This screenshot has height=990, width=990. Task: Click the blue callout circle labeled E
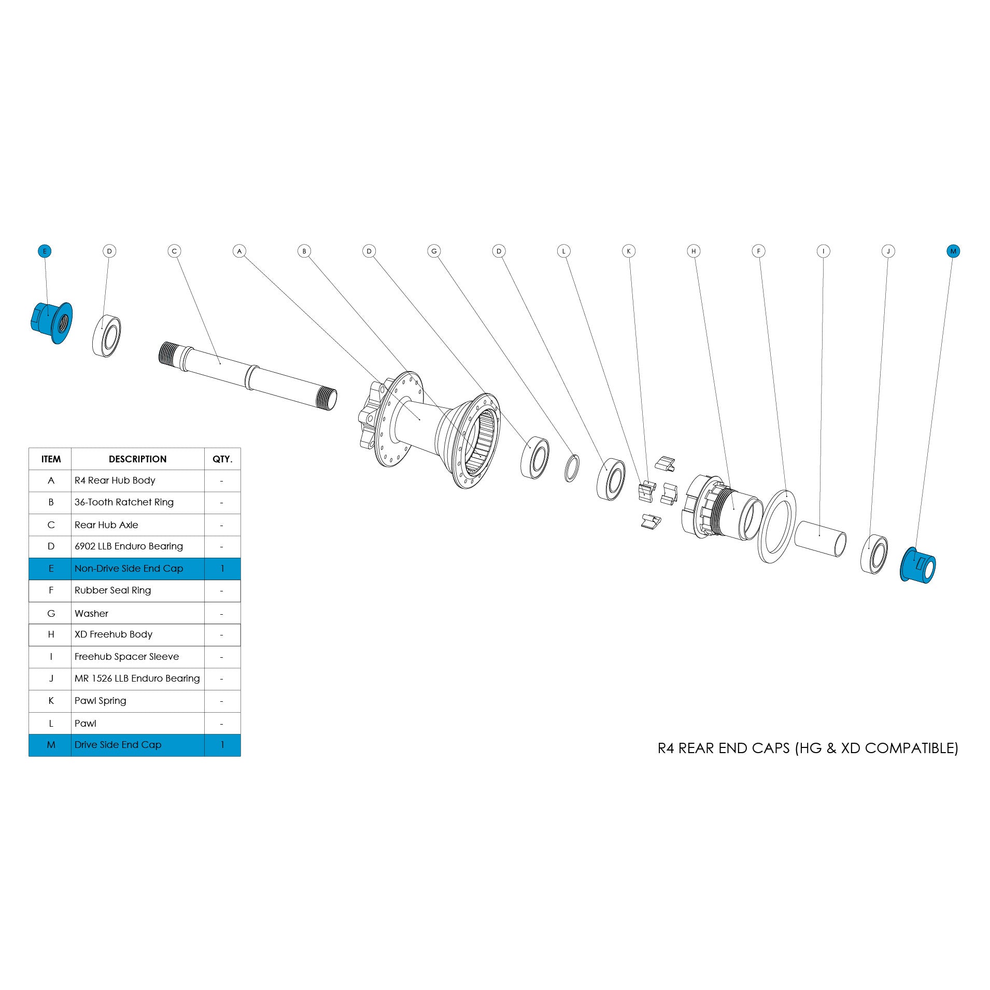[45, 251]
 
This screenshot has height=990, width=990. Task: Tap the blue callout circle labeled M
[953, 251]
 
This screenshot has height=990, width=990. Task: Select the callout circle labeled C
[174, 251]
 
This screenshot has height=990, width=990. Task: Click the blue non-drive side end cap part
[52, 322]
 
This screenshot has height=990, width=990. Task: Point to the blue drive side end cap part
[918, 565]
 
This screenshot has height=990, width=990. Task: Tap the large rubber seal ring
[776, 526]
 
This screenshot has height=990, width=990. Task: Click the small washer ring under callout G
[572, 468]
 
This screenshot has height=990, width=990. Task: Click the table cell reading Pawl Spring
[101, 701]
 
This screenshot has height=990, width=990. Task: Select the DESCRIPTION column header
[137, 459]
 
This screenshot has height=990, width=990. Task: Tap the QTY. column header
[222, 459]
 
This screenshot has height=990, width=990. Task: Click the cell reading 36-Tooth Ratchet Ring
[124, 502]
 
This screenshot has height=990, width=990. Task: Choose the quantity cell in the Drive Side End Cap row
[222, 745]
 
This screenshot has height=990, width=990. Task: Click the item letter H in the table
[51, 634]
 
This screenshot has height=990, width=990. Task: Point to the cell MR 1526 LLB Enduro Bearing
[137, 678]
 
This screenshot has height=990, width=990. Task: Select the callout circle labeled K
[629, 251]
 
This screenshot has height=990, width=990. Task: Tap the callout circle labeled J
[888, 251]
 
